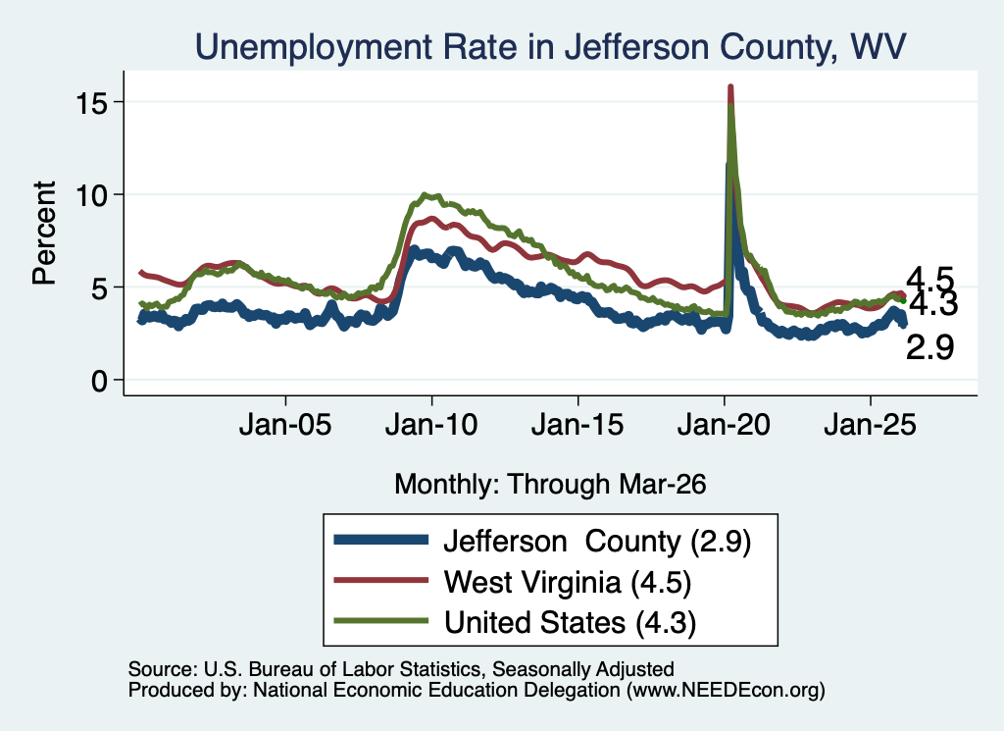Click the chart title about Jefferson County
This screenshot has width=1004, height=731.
[551, 47]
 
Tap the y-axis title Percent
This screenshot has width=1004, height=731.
[44, 234]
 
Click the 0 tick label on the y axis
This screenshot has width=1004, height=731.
[99, 381]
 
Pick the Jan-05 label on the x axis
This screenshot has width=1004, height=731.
[285, 425]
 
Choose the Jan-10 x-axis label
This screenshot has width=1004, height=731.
[431, 425]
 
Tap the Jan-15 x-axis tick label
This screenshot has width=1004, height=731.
[577, 425]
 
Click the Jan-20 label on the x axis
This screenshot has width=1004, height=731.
[724, 425]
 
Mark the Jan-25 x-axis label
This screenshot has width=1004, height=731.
[871, 425]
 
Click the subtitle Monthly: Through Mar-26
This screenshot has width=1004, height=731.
[550, 484]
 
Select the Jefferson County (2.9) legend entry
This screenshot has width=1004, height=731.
[597, 542]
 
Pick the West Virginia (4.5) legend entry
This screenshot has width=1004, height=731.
[568, 583]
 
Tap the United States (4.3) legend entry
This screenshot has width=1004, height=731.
[570, 623]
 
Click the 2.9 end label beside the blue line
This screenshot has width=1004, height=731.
[929, 348]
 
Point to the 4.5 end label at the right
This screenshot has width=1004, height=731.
[929, 280]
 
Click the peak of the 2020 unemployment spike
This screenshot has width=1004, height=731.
[729, 86]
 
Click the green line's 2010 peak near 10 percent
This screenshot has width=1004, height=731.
[426, 194]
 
